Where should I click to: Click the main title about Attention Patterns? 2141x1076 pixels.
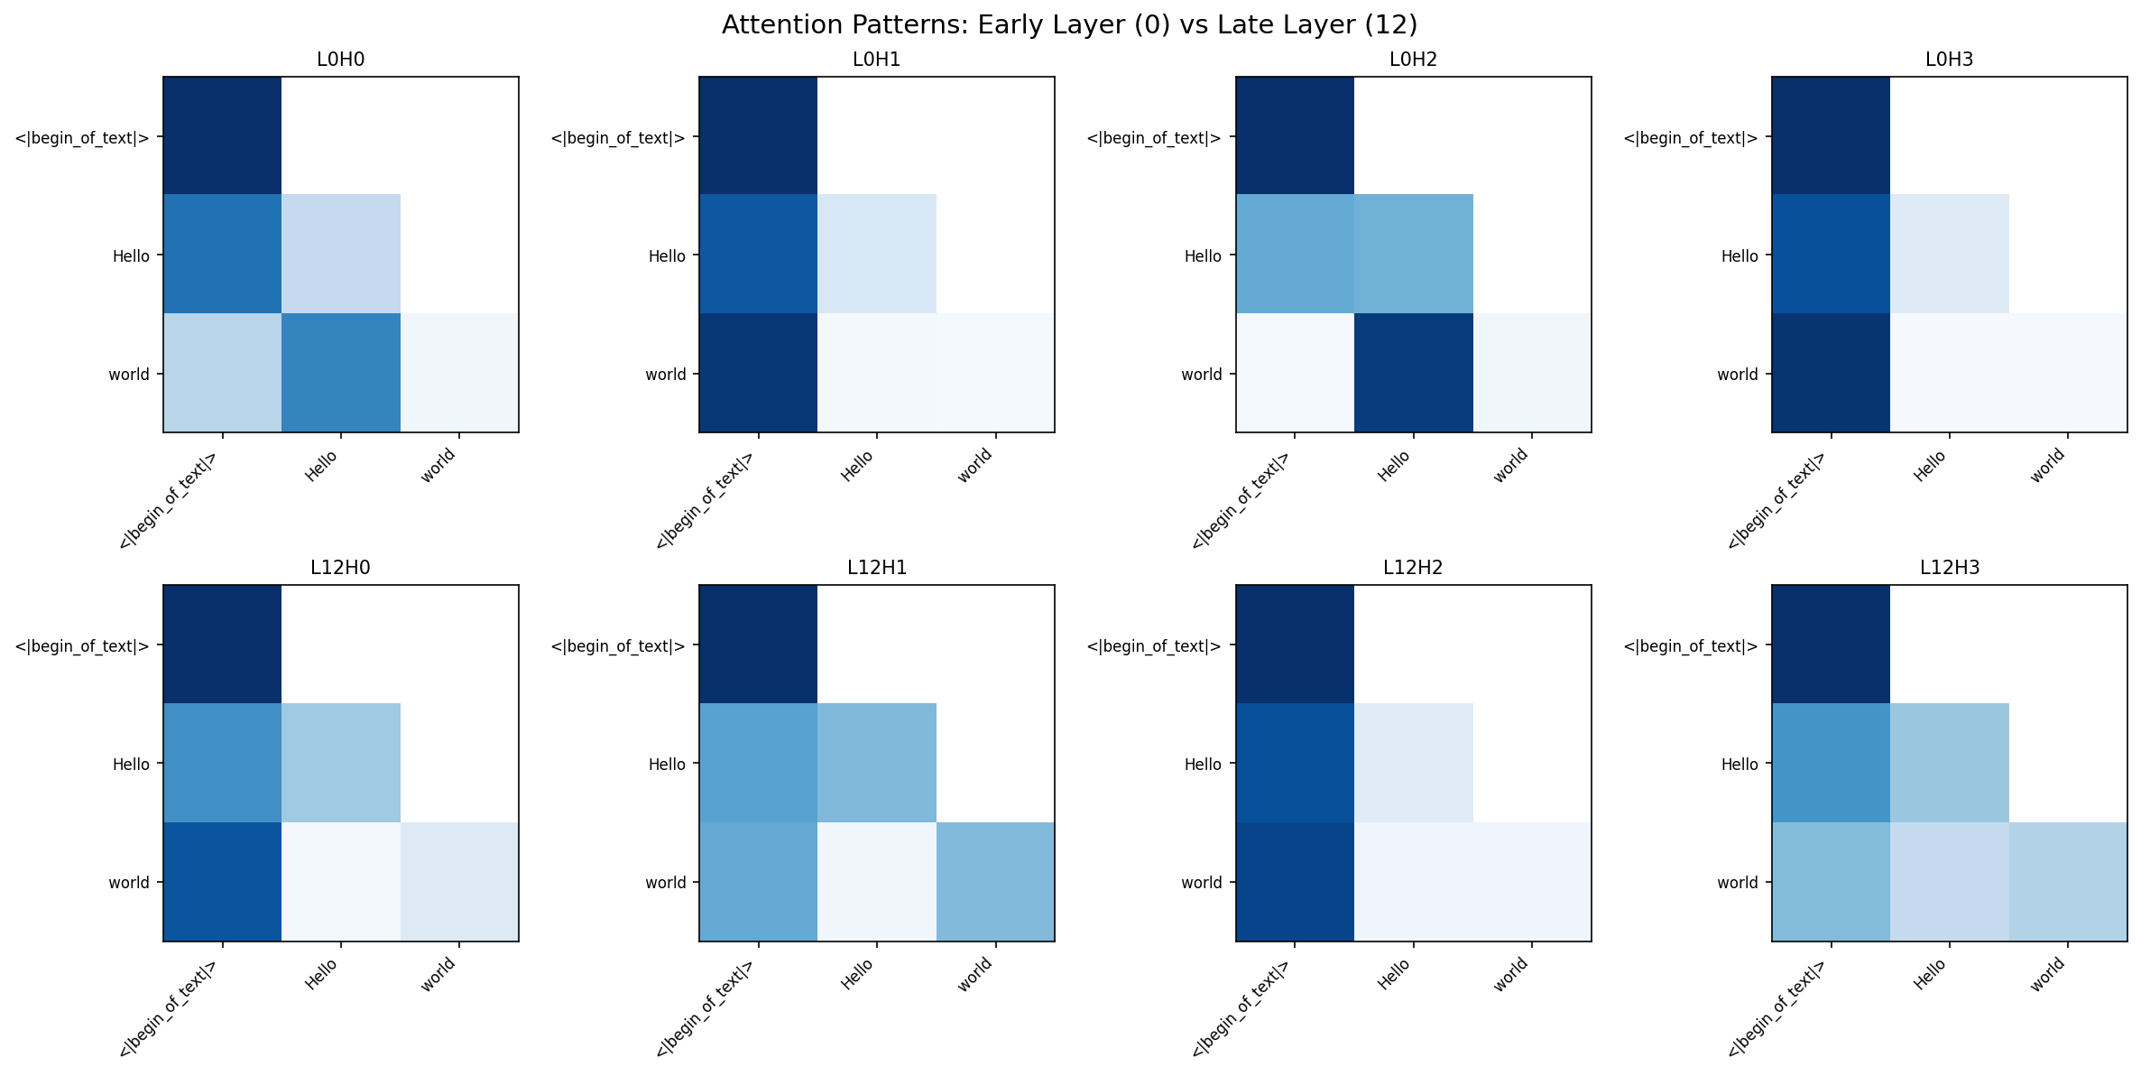[1069, 25]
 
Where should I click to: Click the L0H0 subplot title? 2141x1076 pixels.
[340, 60]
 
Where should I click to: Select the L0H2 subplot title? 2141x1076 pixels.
[1413, 60]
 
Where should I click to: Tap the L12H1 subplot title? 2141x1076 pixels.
[876, 568]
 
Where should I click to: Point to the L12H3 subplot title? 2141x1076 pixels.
[1949, 568]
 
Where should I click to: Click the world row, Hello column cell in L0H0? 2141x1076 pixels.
[340, 373]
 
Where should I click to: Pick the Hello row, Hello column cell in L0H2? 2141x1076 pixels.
[1413, 254]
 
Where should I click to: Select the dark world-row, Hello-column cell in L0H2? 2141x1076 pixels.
[1413, 373]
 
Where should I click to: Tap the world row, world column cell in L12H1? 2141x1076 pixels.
[995, 881]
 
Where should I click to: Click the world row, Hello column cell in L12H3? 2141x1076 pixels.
[1949, 881]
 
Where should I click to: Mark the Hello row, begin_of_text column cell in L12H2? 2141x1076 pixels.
[1294, 763]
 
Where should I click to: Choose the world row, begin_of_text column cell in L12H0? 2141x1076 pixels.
[222, 881]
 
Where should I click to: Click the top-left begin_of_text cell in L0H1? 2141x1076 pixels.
[758, 135]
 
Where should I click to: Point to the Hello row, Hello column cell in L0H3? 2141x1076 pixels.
[1949, 254]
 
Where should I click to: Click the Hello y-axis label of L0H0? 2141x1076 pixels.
[131, 256]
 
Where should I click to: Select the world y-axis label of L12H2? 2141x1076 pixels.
[1202, 883]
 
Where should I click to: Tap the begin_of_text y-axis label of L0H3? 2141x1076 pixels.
[1690, 138]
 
